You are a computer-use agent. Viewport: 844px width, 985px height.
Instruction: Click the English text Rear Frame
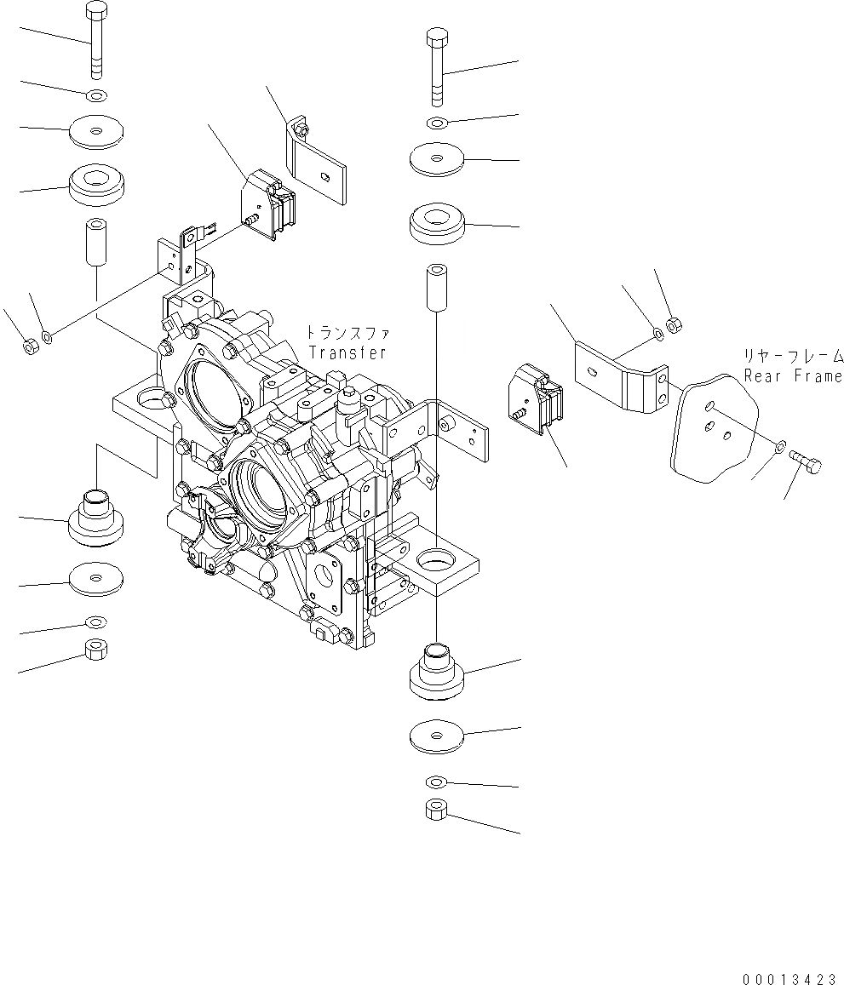coord(792,375)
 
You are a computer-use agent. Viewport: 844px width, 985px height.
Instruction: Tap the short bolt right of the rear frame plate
coord(807,463)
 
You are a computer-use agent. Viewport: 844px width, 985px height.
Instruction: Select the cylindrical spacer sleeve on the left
coord(95,243)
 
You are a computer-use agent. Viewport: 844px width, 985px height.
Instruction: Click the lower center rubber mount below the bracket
coord(436,673)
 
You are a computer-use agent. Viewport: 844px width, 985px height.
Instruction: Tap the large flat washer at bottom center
coord(436,735)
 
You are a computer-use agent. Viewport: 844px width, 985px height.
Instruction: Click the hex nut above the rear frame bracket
coord(673,324)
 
